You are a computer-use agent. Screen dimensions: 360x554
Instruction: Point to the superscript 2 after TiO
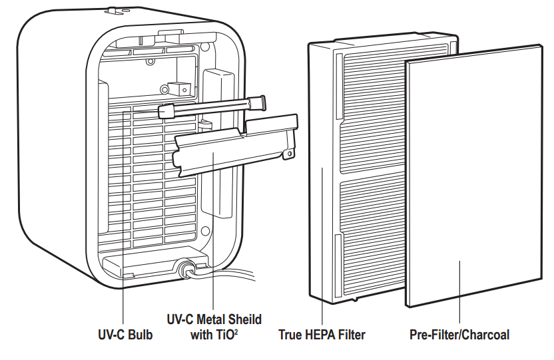[236, 331]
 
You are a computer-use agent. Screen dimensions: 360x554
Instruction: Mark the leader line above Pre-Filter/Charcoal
[459, 293]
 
